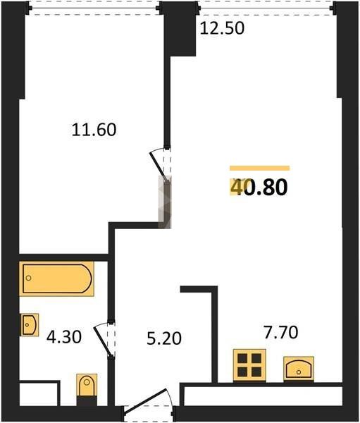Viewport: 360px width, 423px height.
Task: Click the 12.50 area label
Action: click(x=222, y=28)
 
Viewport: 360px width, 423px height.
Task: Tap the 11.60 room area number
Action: click(x=94, y=130)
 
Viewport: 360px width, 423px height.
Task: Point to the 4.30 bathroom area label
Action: click(x=63, y=337)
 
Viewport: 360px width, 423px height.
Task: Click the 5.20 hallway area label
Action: click(x=164, y=338)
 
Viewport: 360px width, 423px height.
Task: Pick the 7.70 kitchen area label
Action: click(x=280, y=332)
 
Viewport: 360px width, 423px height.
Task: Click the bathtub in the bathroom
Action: click(x=56, y=278)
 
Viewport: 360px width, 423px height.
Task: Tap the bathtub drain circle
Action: click(x=29, y=278)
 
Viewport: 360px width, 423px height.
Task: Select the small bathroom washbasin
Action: click(x=30, y=325)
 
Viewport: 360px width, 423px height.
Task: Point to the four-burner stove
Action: click(x=249, y=365)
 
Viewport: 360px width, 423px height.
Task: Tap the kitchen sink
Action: click(x=299, y=369)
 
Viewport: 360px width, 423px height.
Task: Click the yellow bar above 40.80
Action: click(x=259, y=168)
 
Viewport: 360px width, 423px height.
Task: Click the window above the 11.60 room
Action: click(x=95, y=8)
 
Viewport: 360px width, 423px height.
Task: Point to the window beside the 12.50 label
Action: click(x=266, y=8)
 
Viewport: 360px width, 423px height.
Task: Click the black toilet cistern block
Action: click(x=87, y=400)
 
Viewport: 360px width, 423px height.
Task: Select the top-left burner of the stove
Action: click(x=242, y=359)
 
